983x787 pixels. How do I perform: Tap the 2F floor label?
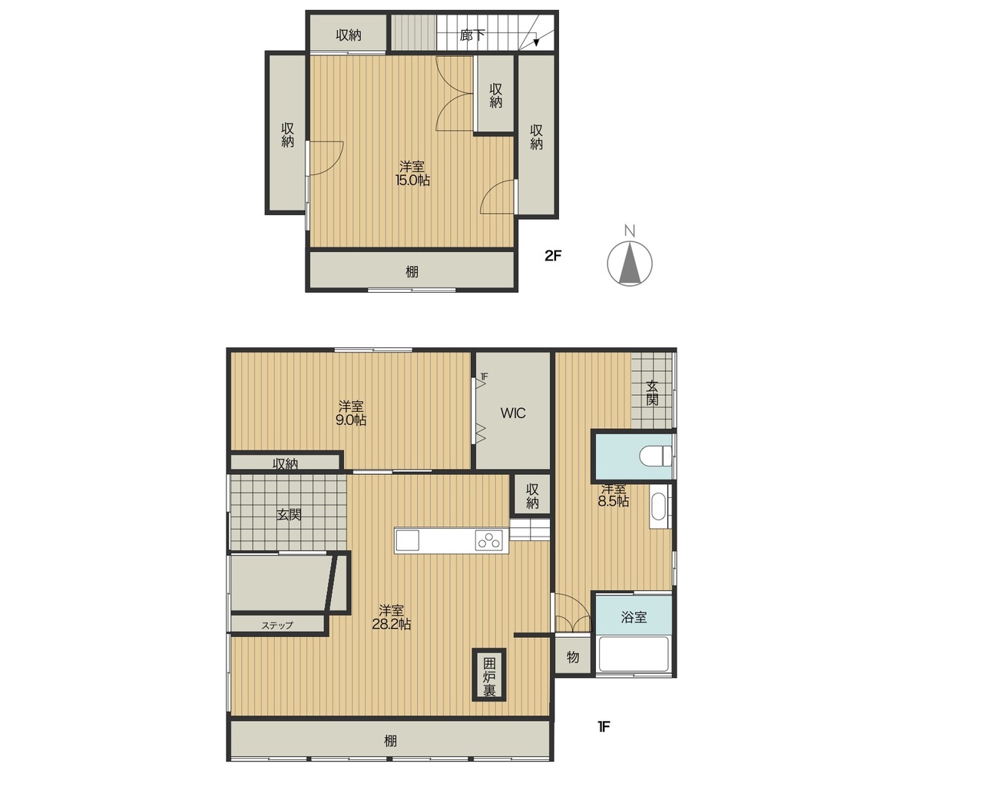(553, 256)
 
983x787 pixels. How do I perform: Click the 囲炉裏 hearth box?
(489, 675)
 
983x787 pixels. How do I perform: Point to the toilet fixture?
(656, 456)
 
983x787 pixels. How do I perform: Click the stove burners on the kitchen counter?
(488, 540)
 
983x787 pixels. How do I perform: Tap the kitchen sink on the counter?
(408, 540)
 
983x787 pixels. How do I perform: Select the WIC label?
(513, 413)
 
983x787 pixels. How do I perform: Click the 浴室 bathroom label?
(634, 617)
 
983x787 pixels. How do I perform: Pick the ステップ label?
(277, 625)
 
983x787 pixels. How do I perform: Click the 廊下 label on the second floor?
(472, 35)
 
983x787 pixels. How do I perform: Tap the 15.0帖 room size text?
(412, 181)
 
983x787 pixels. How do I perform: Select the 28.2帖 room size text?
(392, 624)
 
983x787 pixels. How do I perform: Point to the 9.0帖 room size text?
(351, 420)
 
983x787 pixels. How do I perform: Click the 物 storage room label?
(573, 657)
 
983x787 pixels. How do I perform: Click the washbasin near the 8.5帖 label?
(658, 506)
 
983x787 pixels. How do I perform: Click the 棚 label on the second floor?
(412, 271)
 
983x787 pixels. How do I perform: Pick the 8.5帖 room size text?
(614, 501)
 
